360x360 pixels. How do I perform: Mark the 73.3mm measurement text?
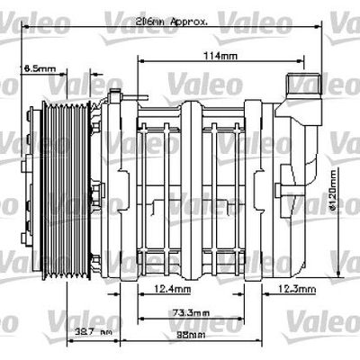[187, 312]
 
